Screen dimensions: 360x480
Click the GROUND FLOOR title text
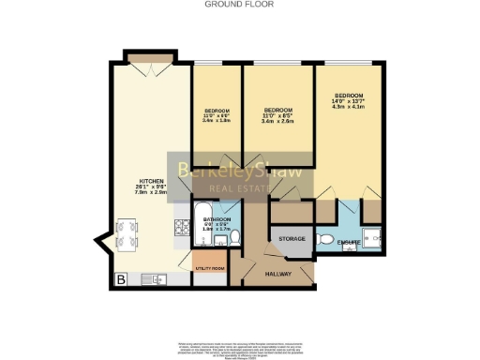pyautogui.click(x=238, y=4)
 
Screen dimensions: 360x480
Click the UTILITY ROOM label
pyautogui.click(x=208, y=267)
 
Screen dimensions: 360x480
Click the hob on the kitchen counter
pyautogui.click(x=179, y=229)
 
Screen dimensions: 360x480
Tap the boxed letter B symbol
pyautogui.click(x=120, y=278)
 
